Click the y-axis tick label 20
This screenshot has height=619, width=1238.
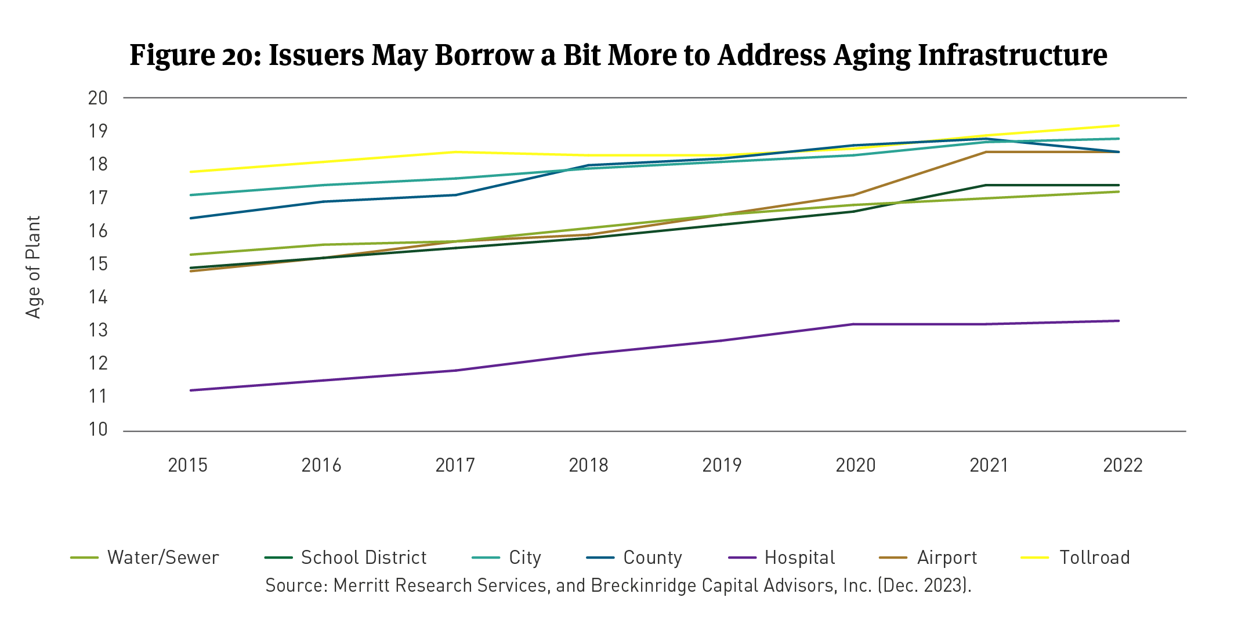point(97,98)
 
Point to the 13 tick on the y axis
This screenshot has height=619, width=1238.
point(97,330)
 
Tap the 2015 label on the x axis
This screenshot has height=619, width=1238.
point(187,465)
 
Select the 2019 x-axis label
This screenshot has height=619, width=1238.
point(722,465)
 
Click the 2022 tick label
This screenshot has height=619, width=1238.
point(1123,465)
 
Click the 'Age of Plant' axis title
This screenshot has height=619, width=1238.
point(34,267)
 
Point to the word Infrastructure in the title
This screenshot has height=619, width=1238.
point(1012,55)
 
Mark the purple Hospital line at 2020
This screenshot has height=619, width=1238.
point(853,324)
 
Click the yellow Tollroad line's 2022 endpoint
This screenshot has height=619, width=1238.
point(1118,125)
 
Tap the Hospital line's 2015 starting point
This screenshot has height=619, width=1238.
point(191,390)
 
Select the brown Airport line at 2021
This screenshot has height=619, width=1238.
point(986,152)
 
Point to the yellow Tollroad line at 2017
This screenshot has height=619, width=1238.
point(457,152)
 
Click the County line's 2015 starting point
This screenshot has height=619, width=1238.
point(191,218)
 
